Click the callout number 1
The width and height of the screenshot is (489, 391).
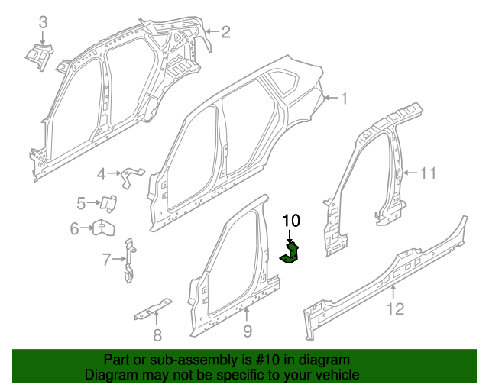(x=344, y=98)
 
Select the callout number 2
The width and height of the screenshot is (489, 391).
(x=225, y=31)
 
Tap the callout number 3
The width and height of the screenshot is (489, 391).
(x=43, y=21)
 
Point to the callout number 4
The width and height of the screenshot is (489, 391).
(x=102, y=175)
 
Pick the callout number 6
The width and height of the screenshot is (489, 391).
(x=75, y=228)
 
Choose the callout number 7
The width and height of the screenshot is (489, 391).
(x=106, y=260)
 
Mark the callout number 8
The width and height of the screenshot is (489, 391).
(x=157, y=334)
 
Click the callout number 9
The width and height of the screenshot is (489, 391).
(x=247, y=330)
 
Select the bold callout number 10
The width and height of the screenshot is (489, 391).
(x=291, y=221)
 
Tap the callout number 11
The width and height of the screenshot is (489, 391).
(x=428, y=173)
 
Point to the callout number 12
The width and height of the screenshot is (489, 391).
(x=394, y=309)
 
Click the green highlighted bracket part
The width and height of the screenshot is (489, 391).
(x=292, y=254)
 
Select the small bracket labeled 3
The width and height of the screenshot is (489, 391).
(x=37, y=55)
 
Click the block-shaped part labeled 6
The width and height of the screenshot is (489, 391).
(x=102, y=227)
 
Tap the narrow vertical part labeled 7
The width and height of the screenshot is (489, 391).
(x=130, y=260)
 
